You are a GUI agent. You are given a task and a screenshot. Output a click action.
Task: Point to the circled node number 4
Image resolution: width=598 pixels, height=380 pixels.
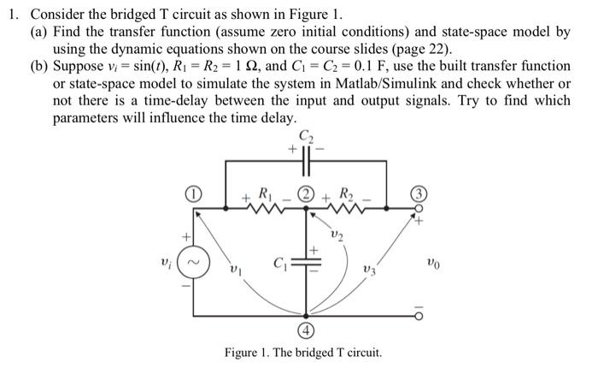pos(306,330)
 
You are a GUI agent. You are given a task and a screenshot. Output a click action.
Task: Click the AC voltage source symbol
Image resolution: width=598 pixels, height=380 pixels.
pos(196,258)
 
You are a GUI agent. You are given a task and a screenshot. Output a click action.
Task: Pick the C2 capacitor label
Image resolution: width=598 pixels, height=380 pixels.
pos(307,135)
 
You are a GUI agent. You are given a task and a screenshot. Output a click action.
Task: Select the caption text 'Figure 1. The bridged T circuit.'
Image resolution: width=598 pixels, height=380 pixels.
pos(302,353)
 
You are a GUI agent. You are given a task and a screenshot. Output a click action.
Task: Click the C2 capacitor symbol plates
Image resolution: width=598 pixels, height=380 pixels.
pos(307,160)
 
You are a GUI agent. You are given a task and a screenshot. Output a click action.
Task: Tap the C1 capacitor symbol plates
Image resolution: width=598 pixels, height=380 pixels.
pos(307,262)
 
